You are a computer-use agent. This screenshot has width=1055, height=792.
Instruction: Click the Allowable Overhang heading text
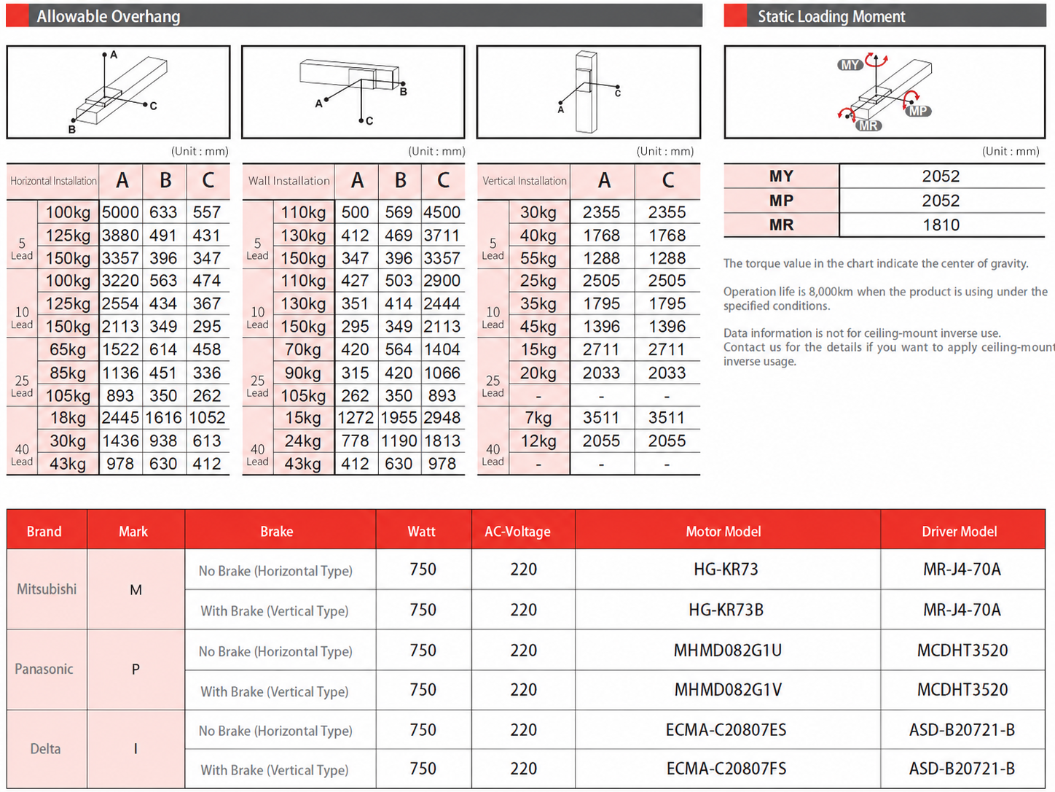(108, 16)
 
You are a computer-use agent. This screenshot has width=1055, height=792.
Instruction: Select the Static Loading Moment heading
(831, 16)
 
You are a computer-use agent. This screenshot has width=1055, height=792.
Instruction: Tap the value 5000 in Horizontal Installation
(120, 212)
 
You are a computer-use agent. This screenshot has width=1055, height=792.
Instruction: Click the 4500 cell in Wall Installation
(442, 212)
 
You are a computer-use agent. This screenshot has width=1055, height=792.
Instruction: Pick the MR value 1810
(941, 225)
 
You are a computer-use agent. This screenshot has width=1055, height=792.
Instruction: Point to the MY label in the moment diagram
(850, 64)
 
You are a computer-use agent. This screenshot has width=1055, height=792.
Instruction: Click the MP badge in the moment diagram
(918, 111)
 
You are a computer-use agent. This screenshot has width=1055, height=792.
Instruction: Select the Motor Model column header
(723, 532)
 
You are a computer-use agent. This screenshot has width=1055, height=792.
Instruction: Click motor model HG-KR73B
(726, 610)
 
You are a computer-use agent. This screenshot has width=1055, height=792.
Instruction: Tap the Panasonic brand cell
(44, 669)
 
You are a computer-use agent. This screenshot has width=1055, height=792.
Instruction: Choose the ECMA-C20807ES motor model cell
(726, 730)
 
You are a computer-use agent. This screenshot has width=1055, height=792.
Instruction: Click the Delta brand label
(45, 749)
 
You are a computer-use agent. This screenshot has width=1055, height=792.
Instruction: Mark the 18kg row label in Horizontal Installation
(68, 418)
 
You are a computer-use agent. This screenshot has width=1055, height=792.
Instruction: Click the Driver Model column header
(960, 532)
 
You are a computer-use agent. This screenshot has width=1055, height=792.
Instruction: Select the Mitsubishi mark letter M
(136, 590)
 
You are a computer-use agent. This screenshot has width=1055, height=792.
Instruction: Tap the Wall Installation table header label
(289, 181)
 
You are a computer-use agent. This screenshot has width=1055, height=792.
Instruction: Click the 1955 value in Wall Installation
(399, 418)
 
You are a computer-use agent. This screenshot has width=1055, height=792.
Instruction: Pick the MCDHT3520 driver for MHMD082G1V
(962, 690)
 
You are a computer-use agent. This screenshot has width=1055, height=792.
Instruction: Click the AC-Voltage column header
(517, 532)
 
